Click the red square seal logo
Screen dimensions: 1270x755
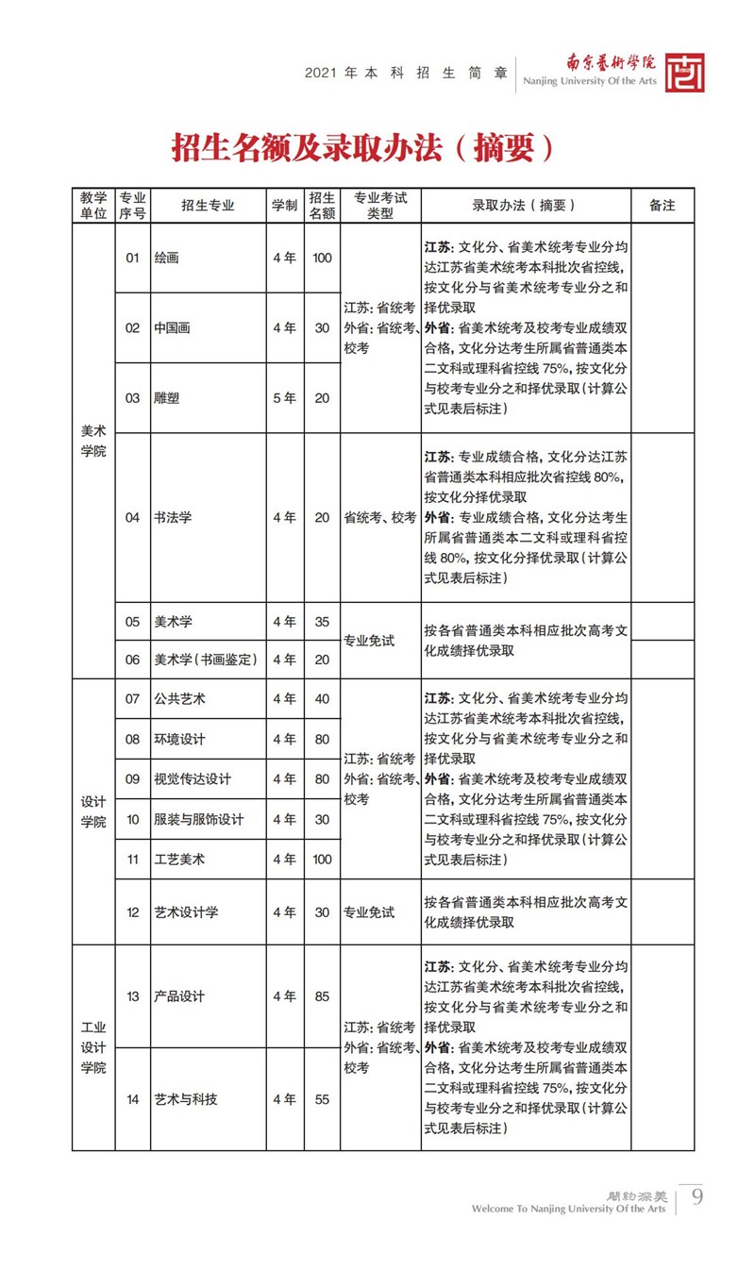[684, 73]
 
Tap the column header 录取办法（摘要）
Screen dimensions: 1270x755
[525, 205]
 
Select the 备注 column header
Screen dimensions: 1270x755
[663, 205]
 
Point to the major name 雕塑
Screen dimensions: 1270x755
[166, 398]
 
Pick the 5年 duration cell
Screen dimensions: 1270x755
[284, 398]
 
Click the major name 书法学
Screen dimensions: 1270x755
[173, 517]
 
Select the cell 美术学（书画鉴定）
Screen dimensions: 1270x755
[206, 660]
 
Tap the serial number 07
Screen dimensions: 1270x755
[132, 699]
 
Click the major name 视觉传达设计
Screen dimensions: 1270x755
[193, 779]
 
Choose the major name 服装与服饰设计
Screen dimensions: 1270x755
[198, 819]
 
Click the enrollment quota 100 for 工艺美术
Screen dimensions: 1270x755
[322, 859]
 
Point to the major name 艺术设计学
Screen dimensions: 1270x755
[186, 912]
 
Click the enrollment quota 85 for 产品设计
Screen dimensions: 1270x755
[322, 996]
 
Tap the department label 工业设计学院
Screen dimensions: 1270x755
[93, 1047]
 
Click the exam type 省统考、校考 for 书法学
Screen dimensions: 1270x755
[380, 517]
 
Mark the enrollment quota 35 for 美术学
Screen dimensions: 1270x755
[322, 622]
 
